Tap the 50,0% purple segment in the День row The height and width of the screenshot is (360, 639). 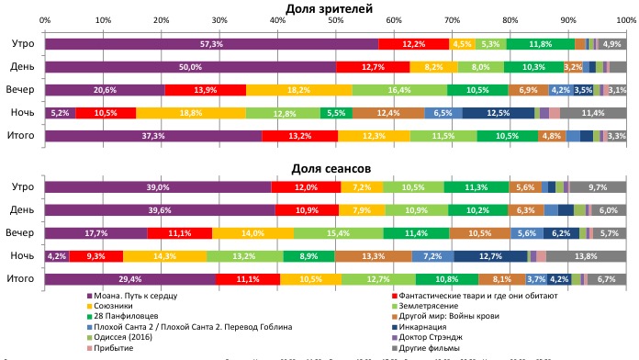(x=190, y=67)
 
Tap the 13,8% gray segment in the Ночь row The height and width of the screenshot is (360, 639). (x=586, y=255)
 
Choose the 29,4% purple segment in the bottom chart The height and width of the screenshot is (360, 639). (x=130, y=278)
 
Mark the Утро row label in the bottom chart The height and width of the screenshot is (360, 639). (x=22, y=186)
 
